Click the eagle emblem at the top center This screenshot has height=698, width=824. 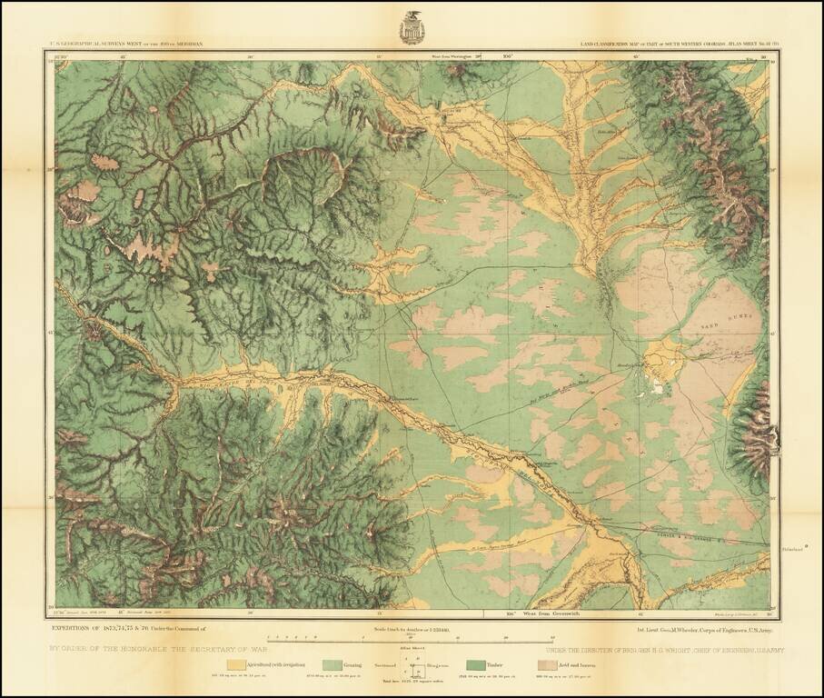[412, 27]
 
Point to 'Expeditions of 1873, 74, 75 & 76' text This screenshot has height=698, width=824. [128, 628]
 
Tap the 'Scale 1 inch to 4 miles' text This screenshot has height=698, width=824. [412, 628]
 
